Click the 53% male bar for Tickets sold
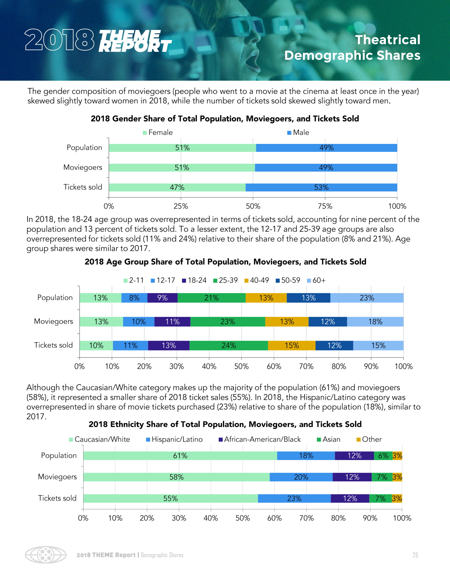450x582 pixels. (x=321, y=187)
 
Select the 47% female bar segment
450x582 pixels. (x=177, y=187)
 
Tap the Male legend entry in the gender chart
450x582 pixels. (x=298, y=133)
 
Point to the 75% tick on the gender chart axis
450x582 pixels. (x=325, y=206)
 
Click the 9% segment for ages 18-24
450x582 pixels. (x=162, y=298)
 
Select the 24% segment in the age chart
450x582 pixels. (x=228, y=345)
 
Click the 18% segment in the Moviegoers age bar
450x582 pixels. (x=375, y=322)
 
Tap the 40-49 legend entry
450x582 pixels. (x=256, y=280)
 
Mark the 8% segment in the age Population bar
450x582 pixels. (x=134, y=298)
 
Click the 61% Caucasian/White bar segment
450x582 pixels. (x=180, y=456)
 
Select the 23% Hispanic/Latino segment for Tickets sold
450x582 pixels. (x=294, y=498)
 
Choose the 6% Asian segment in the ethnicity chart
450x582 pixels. (x=383, y=456)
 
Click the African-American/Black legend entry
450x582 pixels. (x=259, y=439)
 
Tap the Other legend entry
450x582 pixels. (x=369, y=439)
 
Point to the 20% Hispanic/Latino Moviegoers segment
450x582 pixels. (x=301, y=477)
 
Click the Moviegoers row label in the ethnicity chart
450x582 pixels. (x=57, y=477)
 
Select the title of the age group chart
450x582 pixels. (x=225, y=262)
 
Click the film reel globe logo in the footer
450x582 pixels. (x=46, y=555)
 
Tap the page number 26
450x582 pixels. (x=415, y=555)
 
